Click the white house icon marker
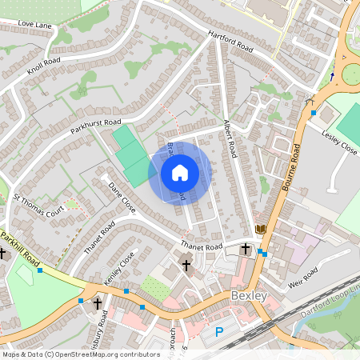coord(180,172)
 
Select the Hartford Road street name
coord(230,43)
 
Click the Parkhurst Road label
coord(90,128)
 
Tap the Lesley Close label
coord(339,142)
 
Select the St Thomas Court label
coord(38,205)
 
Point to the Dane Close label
coord(122,197)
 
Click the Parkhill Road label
coord(20,248)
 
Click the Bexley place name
coord(246,297)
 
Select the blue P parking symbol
coord(218,331)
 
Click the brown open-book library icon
coord(260,230)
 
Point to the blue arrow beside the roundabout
coord(332,77)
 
